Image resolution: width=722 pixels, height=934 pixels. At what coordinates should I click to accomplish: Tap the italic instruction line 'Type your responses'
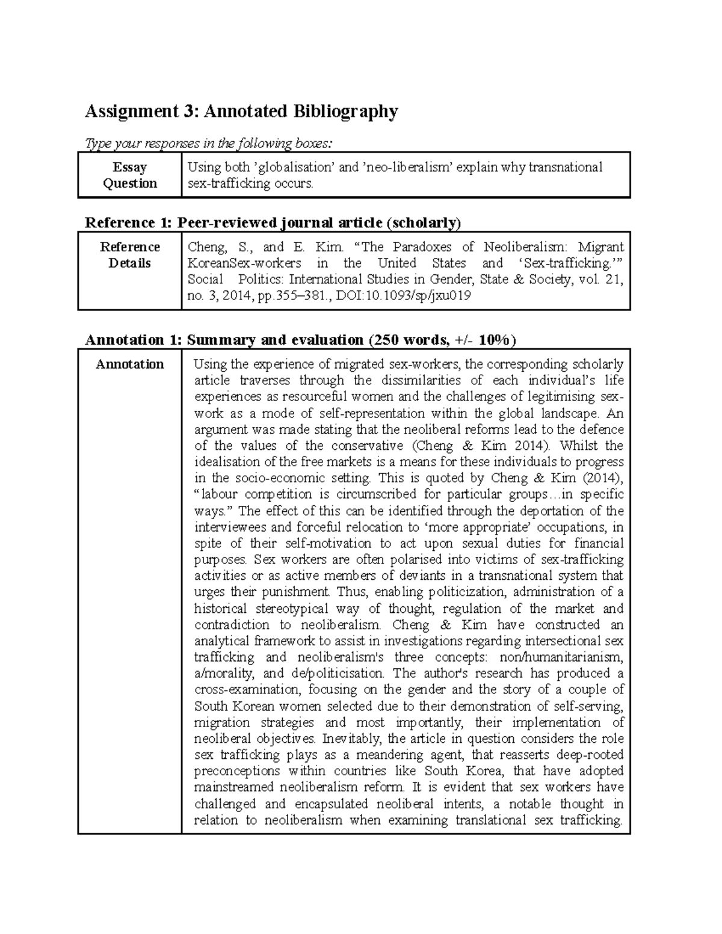[x=208, y=143]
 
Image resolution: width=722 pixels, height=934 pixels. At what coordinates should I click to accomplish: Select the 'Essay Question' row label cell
[x=129, y=175]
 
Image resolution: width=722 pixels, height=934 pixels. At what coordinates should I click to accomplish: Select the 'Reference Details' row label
[x=129, y=255]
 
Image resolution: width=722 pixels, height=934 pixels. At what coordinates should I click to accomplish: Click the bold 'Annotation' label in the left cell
[x=129, y=364]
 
